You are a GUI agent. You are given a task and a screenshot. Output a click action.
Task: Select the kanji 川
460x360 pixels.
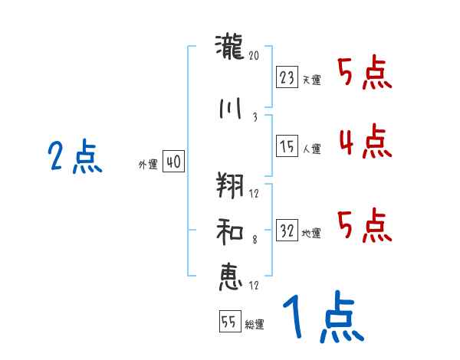pos(230,108)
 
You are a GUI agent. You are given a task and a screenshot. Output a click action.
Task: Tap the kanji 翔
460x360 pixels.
pos(230,186)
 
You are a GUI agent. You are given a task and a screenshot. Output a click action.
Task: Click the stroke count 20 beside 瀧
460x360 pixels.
pos(255,57)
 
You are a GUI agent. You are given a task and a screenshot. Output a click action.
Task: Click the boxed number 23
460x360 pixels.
pos(287,77)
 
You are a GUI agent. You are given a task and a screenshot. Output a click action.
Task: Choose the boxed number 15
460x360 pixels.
pos(287,146)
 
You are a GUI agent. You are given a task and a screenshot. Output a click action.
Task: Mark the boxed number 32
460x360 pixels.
pos(287,230)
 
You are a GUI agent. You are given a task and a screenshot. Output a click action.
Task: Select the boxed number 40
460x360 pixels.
pos(173,162)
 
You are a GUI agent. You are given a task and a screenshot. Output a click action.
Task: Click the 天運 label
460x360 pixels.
pos(311,80)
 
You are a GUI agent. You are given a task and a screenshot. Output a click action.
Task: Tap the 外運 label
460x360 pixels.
pos(148,164)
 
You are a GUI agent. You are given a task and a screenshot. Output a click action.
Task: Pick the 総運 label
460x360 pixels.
pos(255,324)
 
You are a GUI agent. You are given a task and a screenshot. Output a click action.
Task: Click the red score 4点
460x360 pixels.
pos(363,142)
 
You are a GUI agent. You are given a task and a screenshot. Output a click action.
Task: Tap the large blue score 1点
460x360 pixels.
pos(322,319)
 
